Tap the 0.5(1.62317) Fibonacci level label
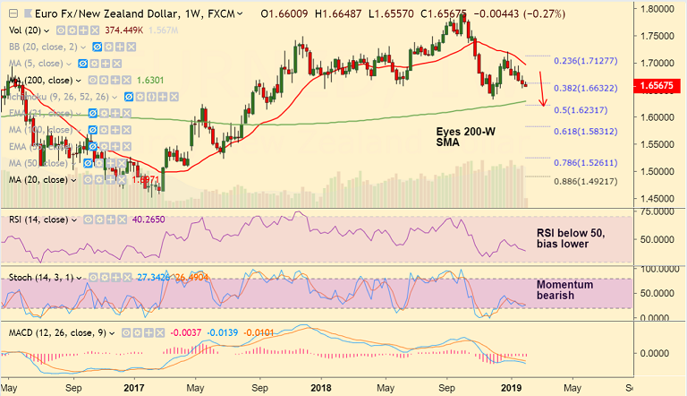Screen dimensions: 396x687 580,109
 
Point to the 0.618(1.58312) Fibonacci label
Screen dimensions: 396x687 585,131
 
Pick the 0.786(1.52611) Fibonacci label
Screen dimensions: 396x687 585,162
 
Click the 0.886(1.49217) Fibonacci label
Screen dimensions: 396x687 585,181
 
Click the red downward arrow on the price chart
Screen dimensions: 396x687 543,92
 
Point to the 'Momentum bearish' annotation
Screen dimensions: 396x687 565,289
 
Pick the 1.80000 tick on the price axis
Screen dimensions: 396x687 657,9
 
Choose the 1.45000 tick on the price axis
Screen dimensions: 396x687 657,199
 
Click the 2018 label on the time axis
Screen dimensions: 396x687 321,387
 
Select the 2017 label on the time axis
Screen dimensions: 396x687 134,387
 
